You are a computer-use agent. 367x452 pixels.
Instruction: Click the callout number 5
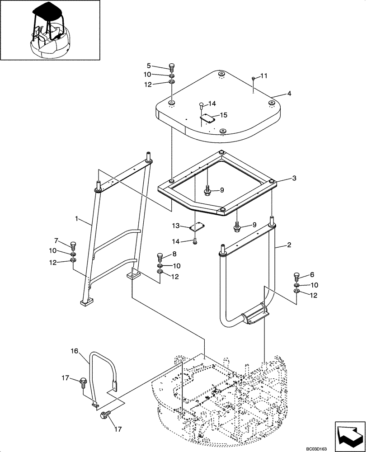(x=161, y=66)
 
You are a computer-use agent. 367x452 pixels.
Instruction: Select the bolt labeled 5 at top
(x=172, y=66)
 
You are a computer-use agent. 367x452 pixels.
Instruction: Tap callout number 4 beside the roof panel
(x=289, y=94)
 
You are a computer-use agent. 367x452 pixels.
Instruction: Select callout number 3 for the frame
(x=294, y=179)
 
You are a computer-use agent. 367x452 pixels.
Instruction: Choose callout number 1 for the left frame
(x=77, y=219)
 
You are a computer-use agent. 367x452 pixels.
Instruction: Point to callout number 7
(x=56, y=240)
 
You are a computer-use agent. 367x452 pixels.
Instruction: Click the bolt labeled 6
(x=296, y=276)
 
